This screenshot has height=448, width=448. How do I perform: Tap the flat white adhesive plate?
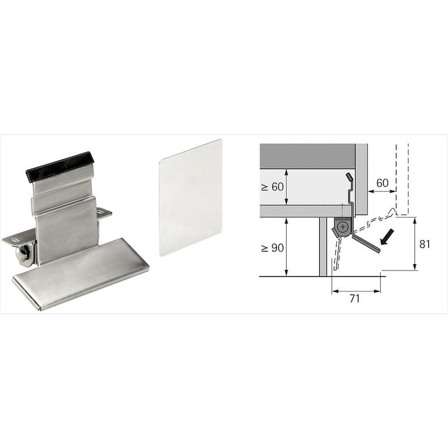pyautogui.click(x=190, y=198)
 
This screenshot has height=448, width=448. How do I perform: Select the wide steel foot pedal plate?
pyautogui.click(x=81, y=274)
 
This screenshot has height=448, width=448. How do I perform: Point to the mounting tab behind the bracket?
pyautogui.click(x=104, y=213)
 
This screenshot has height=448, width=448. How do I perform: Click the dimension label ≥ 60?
pyautogui.click(x=272, y=187)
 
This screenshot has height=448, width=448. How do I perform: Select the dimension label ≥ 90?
pyautogui.click(x=272, y=248)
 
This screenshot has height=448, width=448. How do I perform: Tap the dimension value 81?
pyautogui.click(x=424, y=244)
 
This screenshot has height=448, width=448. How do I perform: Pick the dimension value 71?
pyautogui.click(x=354, y=298)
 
